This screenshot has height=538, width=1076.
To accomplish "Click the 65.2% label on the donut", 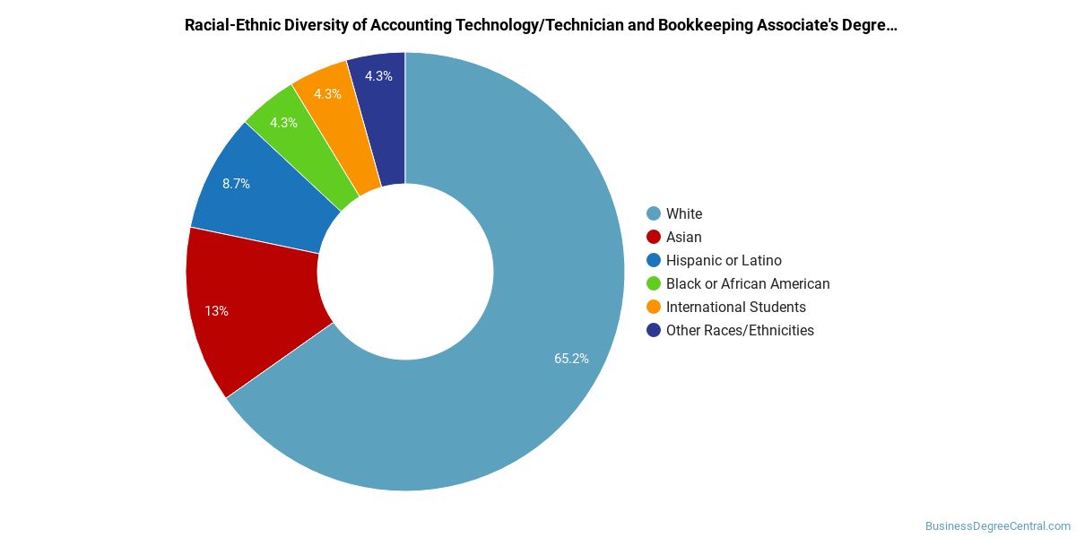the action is point(571,359).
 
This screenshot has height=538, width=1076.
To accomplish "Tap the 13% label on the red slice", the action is point(216,311).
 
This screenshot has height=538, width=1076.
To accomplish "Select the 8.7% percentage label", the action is point(236,184).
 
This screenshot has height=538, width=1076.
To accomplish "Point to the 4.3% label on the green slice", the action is point(283,123).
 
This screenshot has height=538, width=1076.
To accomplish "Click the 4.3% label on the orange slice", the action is point(327,93).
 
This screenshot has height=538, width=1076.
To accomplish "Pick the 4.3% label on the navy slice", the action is point(378,76).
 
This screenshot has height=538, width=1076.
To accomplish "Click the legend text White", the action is point(684,213).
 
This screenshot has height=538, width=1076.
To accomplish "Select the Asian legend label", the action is point(683,237).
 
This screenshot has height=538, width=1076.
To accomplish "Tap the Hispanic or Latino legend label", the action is point(724,260).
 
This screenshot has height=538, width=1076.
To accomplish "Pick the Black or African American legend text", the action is point(748,283).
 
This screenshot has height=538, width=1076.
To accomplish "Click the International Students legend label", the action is point(736,307).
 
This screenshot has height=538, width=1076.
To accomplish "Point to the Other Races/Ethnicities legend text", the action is point(740,331).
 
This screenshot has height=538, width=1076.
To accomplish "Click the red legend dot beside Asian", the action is point(654,237).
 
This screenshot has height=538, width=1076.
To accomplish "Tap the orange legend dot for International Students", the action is point(654,307).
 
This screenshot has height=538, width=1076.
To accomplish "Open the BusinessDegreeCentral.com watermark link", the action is point(998,526).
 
